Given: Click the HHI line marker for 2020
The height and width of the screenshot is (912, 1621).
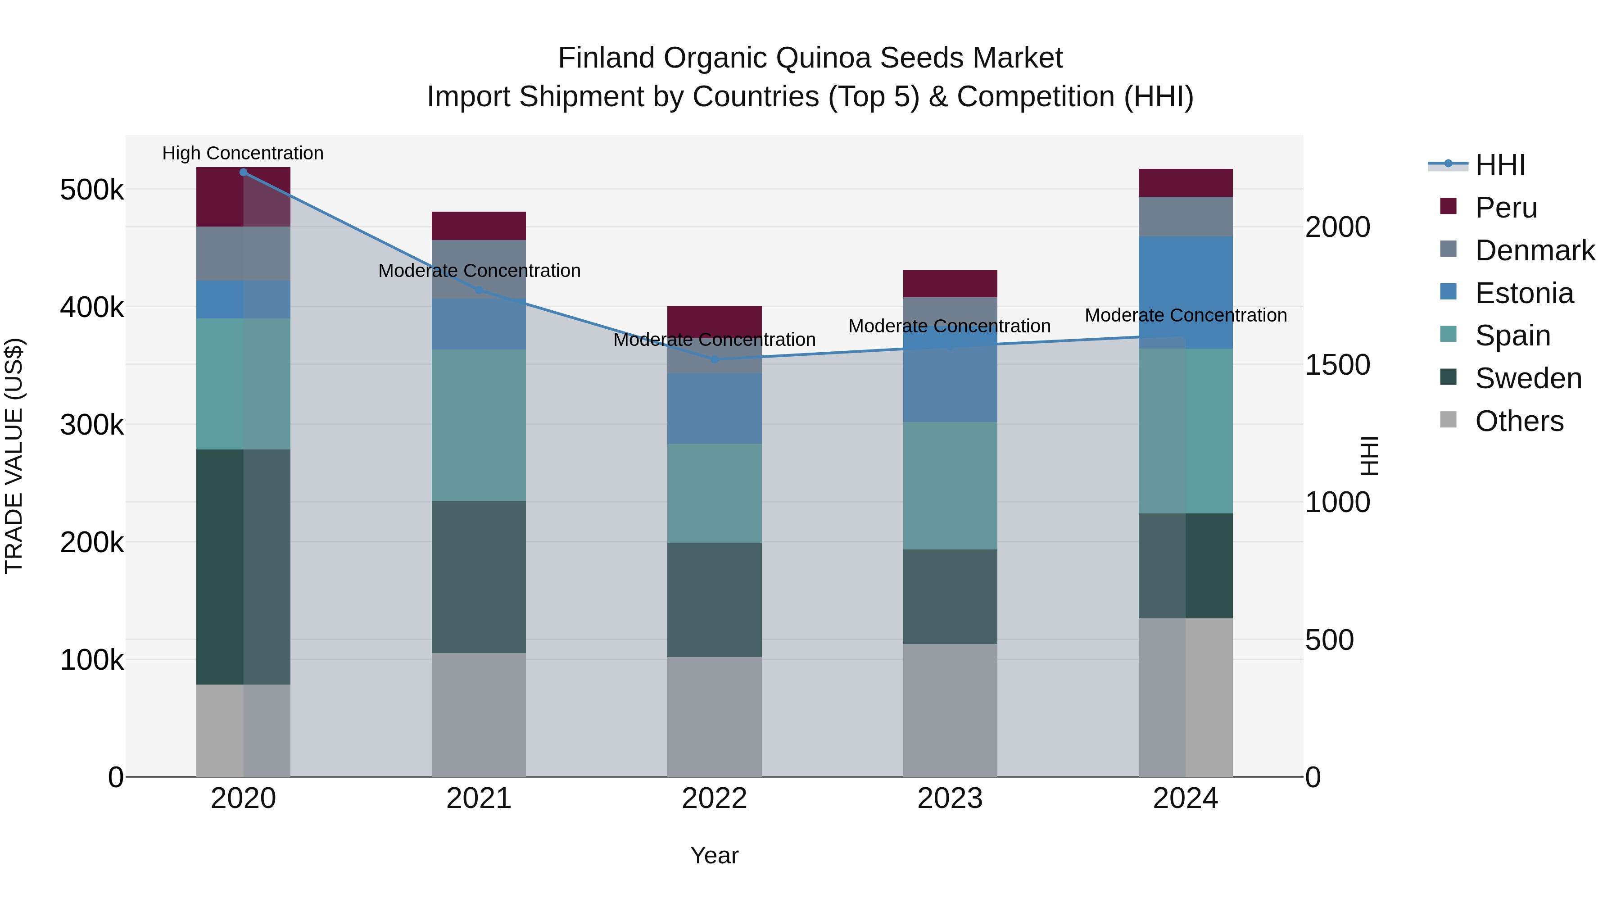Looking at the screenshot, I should [244, 172].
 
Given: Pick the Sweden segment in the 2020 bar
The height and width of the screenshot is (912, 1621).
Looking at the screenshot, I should [244, 567].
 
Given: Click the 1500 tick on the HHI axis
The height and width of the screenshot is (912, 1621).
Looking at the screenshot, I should [1337, 365].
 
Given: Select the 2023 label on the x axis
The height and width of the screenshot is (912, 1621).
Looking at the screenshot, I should [950, 799].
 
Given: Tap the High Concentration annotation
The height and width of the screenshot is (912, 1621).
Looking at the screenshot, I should [243, 154].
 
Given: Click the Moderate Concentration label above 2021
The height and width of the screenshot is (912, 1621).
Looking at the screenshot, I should [479, 271].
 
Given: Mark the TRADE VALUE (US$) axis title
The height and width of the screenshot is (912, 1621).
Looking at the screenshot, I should [14, 456].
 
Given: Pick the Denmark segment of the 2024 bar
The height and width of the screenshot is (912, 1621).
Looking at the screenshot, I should [1186, 217].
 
